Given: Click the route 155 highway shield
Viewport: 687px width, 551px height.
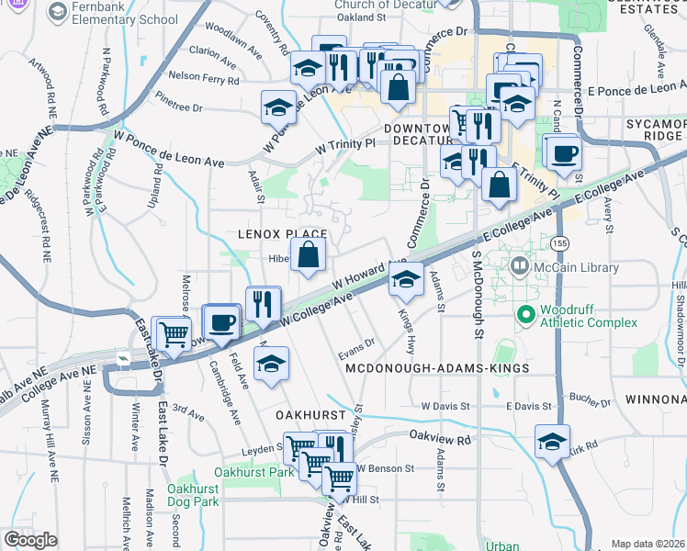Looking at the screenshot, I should coord(559,243).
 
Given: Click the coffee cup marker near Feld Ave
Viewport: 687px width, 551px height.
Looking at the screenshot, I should coord(222,322).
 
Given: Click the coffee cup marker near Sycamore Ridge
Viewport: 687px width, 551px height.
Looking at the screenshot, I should coord(564,152).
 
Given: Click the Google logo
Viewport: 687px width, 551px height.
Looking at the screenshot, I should coord(31,540).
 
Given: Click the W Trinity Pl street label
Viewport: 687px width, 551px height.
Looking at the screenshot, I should coord(345,145).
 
